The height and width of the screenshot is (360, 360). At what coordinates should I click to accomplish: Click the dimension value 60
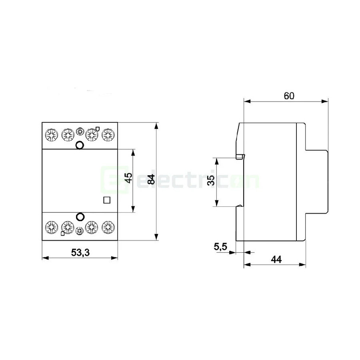click(x=289, y=96)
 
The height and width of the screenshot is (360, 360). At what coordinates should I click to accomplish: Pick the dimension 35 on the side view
click(x=211, y=181)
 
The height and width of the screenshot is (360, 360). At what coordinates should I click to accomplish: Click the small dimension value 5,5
click(x=220, y=247)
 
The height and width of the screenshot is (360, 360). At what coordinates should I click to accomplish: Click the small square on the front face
click(x=106, y=200)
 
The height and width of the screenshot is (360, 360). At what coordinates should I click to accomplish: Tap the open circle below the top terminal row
click(x=80, y=145)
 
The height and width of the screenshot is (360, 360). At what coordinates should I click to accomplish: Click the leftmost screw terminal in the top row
click(x=51, y=134)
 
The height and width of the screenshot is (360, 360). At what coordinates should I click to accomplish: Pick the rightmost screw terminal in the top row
click(x=107, y=134)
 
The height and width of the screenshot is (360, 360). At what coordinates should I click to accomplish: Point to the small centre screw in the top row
click(x=79, y=131)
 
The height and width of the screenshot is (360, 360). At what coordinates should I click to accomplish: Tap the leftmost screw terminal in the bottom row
click(x=51, y=227)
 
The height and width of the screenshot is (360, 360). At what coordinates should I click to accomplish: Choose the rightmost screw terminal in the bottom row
click(x=107, y=227)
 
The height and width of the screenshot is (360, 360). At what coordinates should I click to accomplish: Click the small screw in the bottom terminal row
click(x=79, y=230)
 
